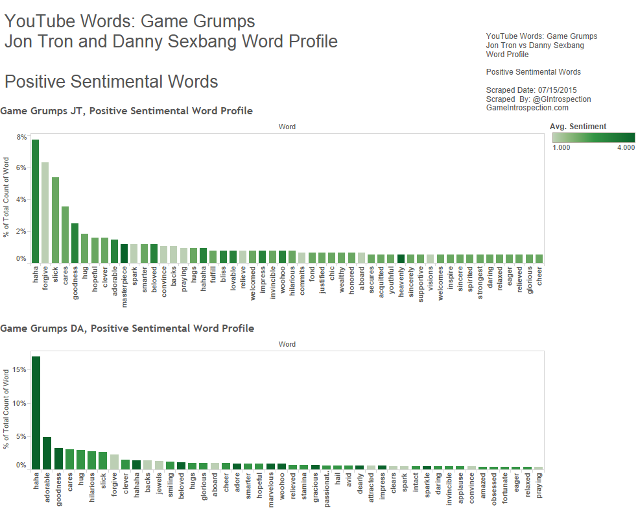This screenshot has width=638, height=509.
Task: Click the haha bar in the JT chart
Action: [x=35, y=201]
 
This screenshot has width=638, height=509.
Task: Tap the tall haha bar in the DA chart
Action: [x=36, y=412]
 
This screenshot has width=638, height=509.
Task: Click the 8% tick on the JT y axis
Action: [x=21, y=138]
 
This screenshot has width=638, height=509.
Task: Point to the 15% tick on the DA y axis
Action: [x=19, y=370]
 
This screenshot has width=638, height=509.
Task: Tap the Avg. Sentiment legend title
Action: [x=578, y=126]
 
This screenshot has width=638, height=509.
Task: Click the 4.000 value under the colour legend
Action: [x=626, y=148]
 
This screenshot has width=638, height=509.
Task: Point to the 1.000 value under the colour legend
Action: [x=561, y=148]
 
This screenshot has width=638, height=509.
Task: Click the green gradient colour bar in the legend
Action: [x=593, y=138]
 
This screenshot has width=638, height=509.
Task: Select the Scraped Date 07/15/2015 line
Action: [x=531, y=90]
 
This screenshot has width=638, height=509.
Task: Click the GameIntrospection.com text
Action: [x=527, y=108]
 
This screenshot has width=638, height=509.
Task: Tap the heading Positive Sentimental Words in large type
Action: [x=111, y=82]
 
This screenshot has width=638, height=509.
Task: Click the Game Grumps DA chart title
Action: [x=127, y=329]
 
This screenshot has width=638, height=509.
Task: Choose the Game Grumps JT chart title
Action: [x=126, y=111]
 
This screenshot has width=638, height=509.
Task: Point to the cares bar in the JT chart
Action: [x=65, y=234]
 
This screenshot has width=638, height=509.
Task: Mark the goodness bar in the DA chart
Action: [x=58, y=458]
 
